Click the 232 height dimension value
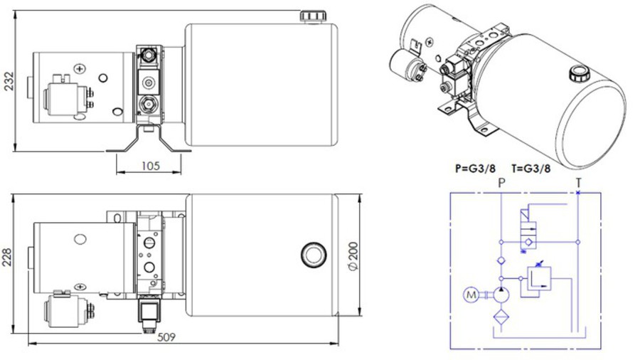click(x=9, y=81)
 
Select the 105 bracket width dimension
click(x=150, y=166)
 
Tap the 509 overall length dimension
click(x=166, y=337)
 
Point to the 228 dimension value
click(x=7, y=258)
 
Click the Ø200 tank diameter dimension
click(x=353, y=256)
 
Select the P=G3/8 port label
click(x=475, y=169)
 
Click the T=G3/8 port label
click(x=530, y=169)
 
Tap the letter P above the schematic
click(x=501, y=183)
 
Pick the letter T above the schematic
click(x=578, y=183)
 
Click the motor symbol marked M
click(x=471, y=295)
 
